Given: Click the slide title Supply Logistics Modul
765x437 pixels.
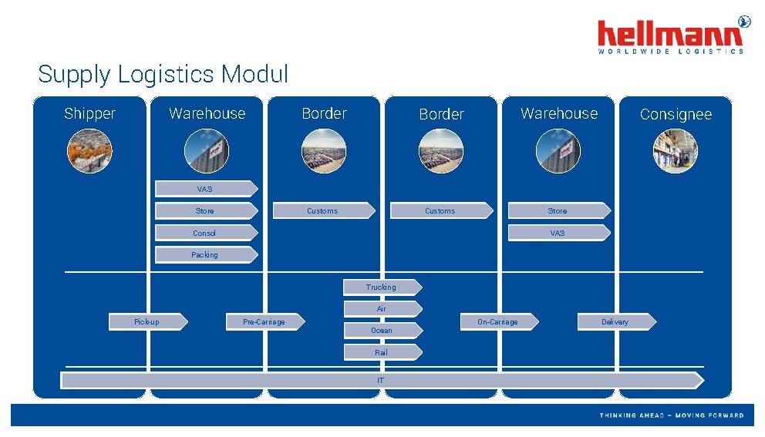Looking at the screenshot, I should point(163,75).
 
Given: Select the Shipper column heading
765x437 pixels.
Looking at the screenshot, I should point(89,114).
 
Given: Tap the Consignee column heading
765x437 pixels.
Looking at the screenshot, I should point(676,115).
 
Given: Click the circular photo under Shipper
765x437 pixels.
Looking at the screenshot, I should point(89,150).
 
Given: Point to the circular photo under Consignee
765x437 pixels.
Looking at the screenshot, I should point(675,150).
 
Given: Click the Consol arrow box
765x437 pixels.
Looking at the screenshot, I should point(205,233).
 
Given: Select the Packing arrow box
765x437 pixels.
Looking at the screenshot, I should point(205,254).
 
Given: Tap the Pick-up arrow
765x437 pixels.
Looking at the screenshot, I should point(147,321).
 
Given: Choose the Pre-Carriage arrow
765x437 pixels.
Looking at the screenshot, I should point(264,321).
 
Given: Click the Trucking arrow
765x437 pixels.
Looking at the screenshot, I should point(382,287).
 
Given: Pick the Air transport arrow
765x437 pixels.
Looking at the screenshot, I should point(382,308).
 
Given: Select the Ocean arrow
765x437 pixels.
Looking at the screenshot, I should point(382,331).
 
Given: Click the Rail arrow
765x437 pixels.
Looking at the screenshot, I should point(382,352).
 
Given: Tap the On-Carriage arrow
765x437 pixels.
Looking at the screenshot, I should point(498,321).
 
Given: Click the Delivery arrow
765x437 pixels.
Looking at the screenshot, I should point(615,321).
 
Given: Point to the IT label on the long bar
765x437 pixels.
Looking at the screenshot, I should point(381,381).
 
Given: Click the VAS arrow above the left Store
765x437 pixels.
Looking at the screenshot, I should point(205,189).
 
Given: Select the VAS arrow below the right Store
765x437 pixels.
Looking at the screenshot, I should point(558,233).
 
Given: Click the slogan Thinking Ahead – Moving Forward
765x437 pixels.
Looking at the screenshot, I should point(672,415).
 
